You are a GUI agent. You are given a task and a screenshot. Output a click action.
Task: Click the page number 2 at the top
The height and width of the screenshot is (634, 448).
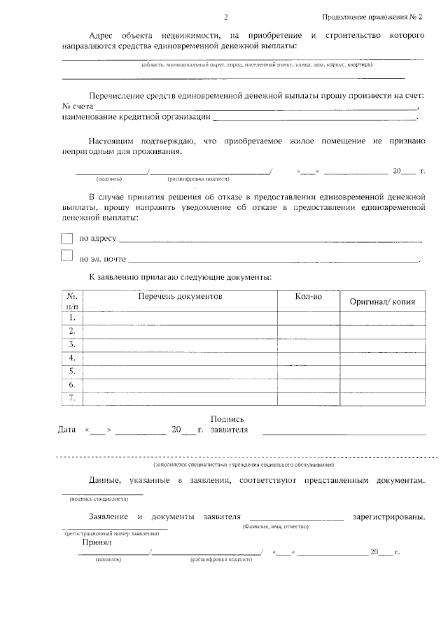pos(225,17)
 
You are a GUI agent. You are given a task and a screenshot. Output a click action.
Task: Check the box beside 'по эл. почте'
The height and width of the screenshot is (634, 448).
pos(67,256)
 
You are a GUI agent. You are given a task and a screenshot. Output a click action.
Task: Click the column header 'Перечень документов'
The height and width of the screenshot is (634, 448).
pos(180,297)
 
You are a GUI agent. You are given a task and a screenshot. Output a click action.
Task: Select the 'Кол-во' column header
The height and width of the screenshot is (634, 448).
pos(309,297)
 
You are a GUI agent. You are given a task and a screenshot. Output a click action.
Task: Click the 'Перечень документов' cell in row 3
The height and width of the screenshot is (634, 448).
pos(180,344)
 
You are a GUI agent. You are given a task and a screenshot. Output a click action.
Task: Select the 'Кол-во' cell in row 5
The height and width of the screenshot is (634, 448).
pos(309,371)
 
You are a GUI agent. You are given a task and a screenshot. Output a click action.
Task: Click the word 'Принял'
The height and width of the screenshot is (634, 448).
pos(97,542)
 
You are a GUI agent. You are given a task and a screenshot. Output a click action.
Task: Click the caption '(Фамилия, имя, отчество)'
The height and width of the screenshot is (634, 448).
pos(275,526)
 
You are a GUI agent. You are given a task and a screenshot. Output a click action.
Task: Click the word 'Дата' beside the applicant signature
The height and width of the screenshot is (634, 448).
pos(66,430)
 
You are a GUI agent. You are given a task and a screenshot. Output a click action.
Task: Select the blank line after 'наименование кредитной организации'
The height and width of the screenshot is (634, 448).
pos(315,120)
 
